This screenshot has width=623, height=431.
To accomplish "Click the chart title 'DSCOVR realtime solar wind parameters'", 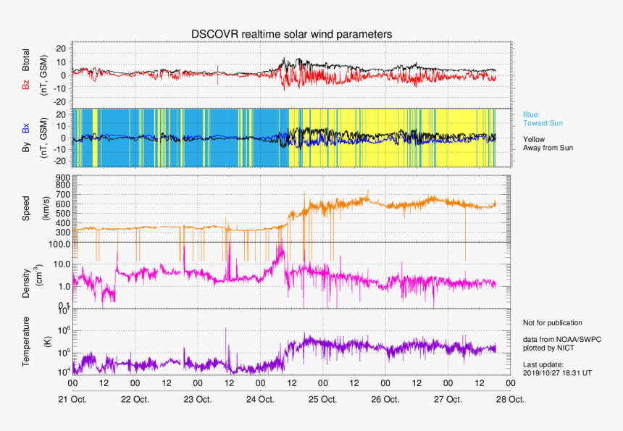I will pyautogui.click(x=291, y=34).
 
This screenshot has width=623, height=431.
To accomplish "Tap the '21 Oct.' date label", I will pyautogui.click(x=72, y=399).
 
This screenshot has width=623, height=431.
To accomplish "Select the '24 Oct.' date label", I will pyautogui.click(x=260, y=399).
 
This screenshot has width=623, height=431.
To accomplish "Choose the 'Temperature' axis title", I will pyautogui.click(x=28, y=341).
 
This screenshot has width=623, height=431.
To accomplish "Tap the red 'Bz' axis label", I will pyautogui.click(x=28, y=85).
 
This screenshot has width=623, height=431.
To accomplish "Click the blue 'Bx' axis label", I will pyautogui.click(x=28, y=128).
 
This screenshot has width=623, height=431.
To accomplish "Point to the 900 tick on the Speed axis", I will pyautogui.click(x=60, y=177).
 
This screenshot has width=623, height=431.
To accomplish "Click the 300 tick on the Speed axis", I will pyautogui.click(x=60, y=233).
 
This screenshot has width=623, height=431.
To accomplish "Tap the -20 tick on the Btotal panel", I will pyautogui.click(x=59, y=101).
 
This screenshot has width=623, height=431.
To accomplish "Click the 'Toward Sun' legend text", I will pyautogui.click(x=543, y=123).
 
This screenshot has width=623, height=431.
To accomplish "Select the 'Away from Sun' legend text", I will pyautogui.click(x=549, y=148).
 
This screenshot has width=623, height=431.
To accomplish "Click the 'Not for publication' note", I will pyautogui.click(x=552, y=323).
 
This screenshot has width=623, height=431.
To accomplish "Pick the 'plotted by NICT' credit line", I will pyautogui.click(x=547, y=347).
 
